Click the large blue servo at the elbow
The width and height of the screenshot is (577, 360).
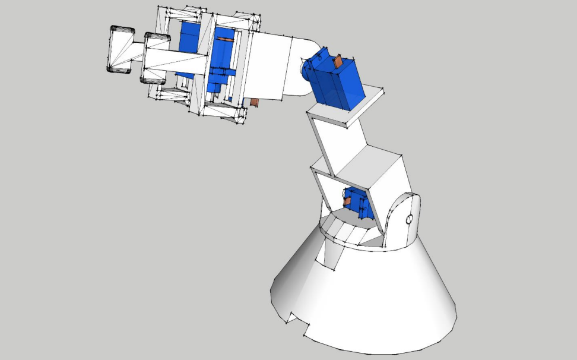click(337, 83)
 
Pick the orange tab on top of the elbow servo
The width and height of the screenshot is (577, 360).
click(340, 60)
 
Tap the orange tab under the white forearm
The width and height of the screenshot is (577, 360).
click(254, 102)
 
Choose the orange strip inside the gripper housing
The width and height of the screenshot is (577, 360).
click(226, 40)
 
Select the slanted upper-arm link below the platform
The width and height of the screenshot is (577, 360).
click(335, 146)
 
